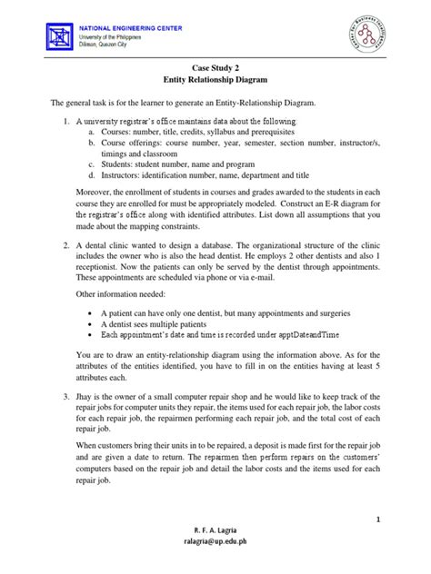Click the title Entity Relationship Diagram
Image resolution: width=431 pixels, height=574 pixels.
(215, 81)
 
